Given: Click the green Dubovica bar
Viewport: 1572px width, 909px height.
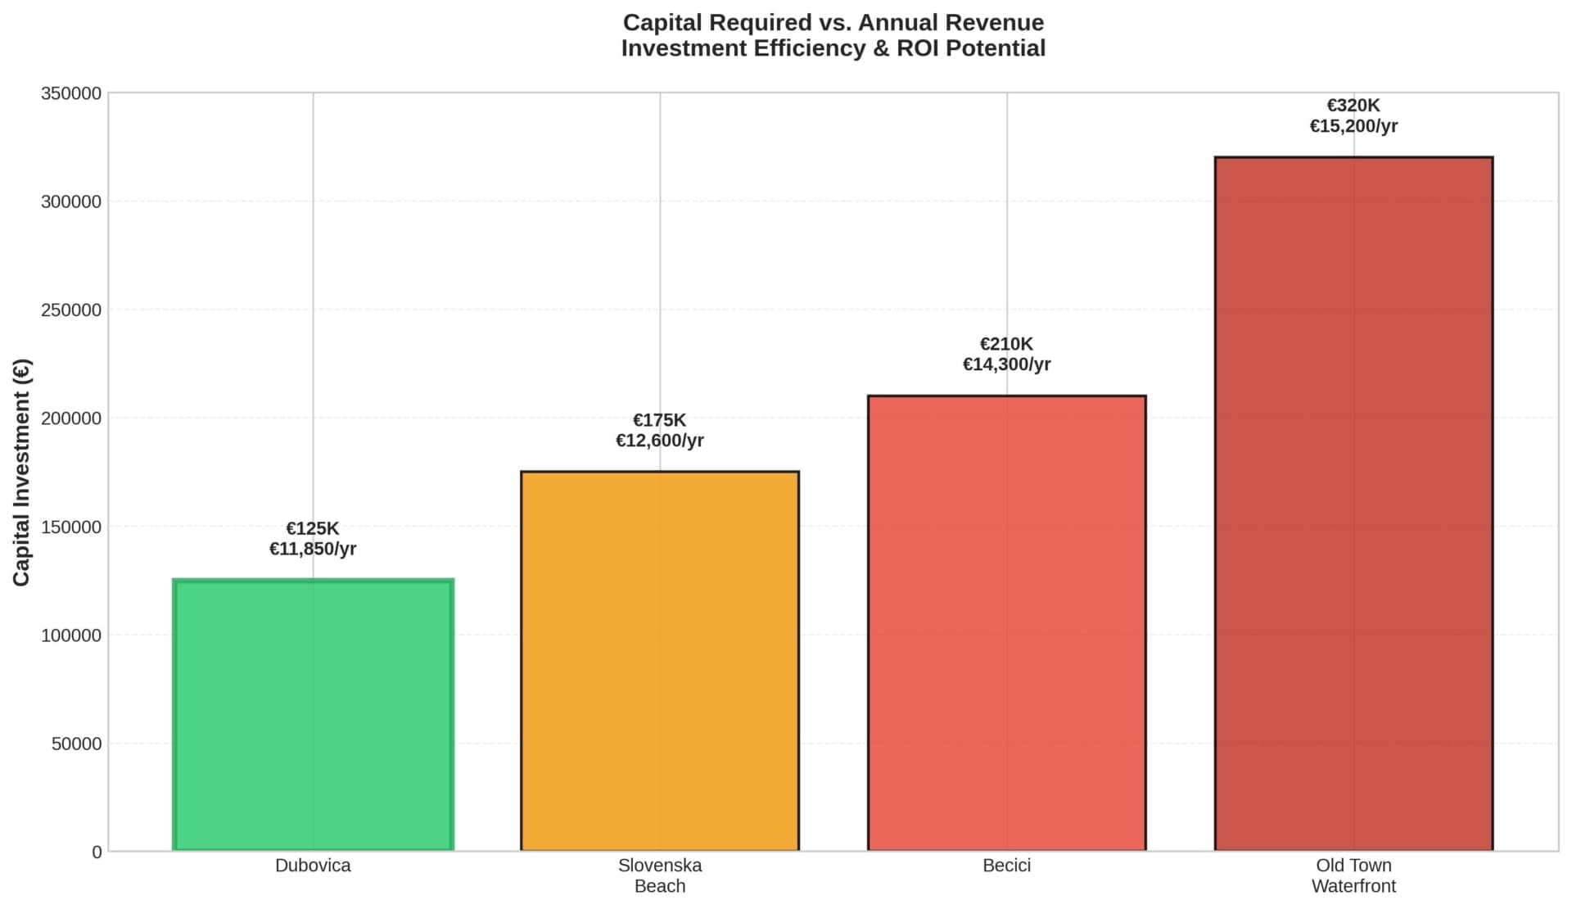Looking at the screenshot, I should coord(313,715).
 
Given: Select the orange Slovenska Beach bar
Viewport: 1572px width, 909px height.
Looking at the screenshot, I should coord(660,661).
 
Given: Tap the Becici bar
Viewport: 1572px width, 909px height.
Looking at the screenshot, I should coord(1006,623).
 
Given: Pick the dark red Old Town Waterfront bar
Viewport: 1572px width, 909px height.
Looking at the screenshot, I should coord(1353,504).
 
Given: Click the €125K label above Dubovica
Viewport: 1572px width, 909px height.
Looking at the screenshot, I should coord(313,529).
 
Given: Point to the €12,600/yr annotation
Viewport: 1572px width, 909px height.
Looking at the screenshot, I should coord(660,441).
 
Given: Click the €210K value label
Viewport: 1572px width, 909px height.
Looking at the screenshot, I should coord(1006,344).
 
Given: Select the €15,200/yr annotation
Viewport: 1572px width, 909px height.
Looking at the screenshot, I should coord(1353,126).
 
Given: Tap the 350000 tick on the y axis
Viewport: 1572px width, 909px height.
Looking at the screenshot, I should coord(71,93).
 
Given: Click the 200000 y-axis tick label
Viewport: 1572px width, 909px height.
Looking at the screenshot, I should coord(71,418).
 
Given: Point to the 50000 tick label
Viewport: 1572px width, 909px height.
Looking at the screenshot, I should coord(76,744).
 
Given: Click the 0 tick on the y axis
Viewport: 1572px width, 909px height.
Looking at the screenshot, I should coord(97,852).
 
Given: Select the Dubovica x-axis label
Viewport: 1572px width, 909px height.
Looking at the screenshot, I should coord(313,866).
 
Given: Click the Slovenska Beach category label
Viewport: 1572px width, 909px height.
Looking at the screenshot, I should coord(660,875).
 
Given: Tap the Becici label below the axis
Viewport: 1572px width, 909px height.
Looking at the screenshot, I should coord(1006,866).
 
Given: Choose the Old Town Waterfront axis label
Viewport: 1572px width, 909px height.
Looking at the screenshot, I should coord(1353,875).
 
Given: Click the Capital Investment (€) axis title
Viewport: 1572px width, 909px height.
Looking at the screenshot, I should coord(22,473).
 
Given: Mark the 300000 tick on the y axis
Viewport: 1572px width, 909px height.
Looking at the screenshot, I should coord(71,201).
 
